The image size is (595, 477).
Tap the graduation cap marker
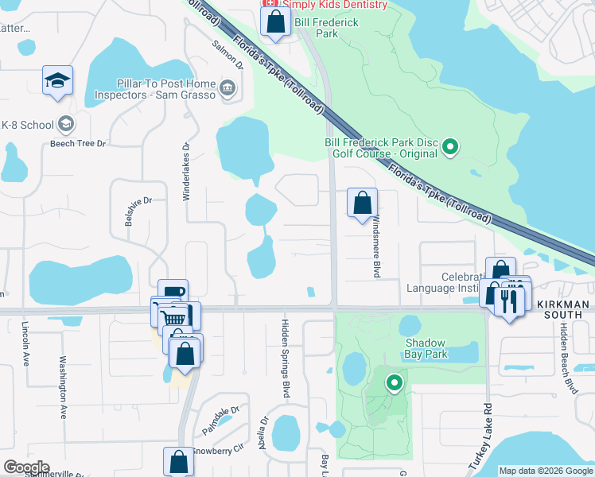click(58, 81)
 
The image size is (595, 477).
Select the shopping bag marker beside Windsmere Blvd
click(363, 203)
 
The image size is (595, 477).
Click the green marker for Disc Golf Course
click(449, 146)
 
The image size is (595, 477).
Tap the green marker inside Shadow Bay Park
click(394, 383)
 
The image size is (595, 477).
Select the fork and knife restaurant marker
click(509, 301)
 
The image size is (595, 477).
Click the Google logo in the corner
click(26, 467)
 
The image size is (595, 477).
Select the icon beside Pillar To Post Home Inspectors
click(229, 87)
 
